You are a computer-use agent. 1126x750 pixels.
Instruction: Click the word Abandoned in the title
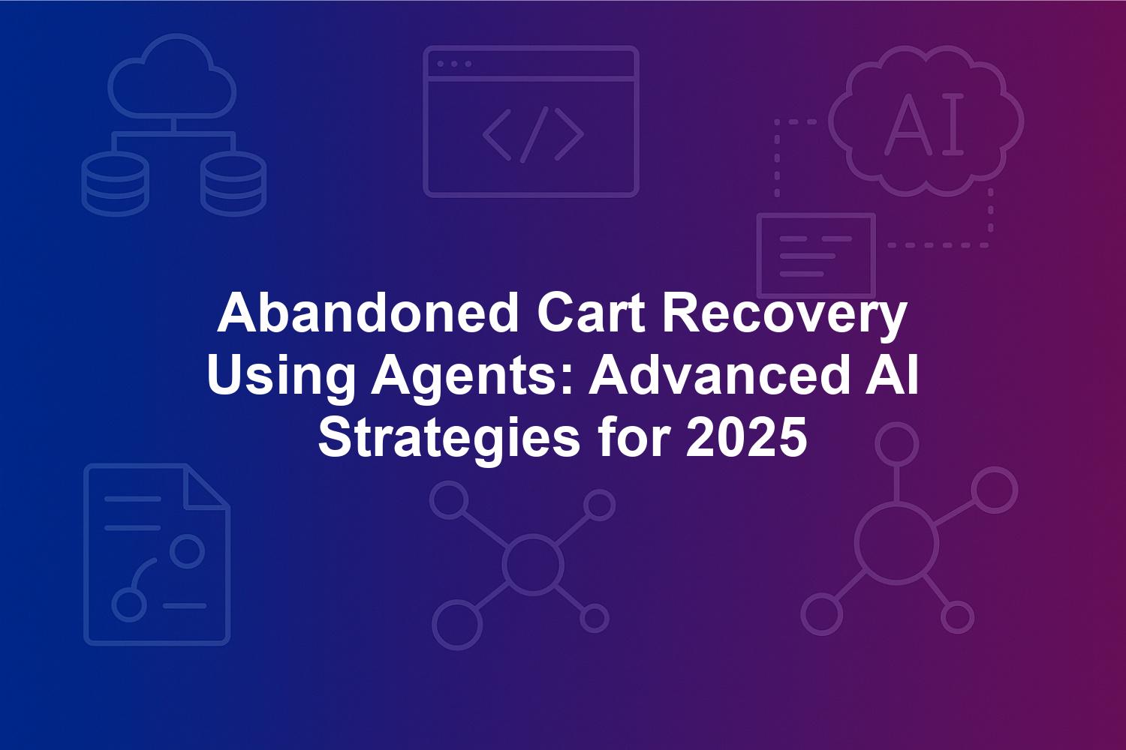tap(368, 314)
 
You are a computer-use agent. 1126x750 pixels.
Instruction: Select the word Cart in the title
tap(591, 314)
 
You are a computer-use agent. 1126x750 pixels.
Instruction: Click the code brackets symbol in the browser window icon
tap(533, 135)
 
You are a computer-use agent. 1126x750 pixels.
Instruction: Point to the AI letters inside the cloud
tap(924, 124)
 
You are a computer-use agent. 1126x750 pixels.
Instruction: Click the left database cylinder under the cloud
tap(115, 184)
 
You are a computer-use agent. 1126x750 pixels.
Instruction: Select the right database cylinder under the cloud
tap(233, 184)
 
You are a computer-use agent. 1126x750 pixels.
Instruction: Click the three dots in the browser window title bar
tap(454, 64)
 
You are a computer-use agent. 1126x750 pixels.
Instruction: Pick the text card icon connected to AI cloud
tap(817, 256)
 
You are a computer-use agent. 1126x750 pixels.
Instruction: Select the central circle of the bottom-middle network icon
tap(533, 564)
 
